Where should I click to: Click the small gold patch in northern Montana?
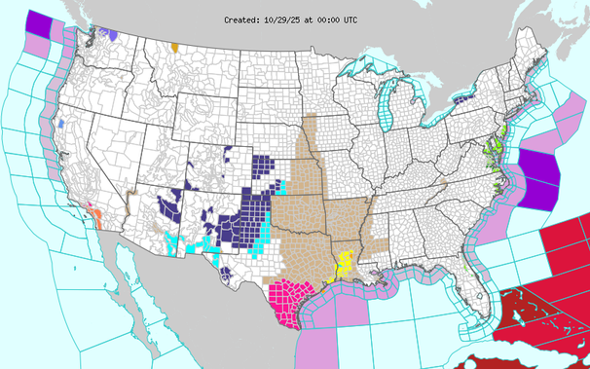pos(174,47)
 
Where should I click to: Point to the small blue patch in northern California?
pos(60,124)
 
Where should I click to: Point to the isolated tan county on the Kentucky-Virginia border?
pos(443,182)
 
